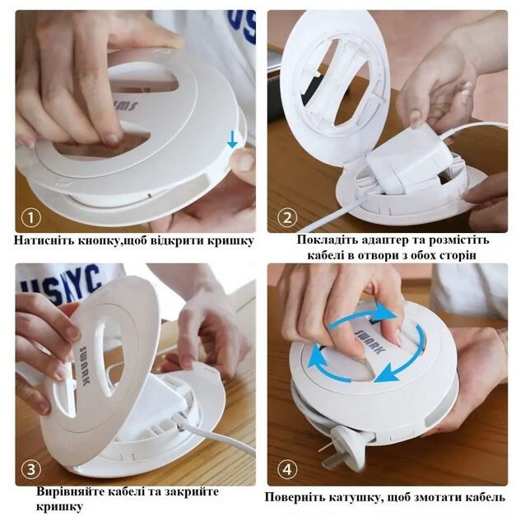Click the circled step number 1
30,218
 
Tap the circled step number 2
287,218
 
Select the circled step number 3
30,470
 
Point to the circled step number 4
287,470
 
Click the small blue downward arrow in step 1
232,140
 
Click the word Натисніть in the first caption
44,240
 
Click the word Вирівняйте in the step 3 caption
70,491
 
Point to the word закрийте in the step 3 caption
192,492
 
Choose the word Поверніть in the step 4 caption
294,497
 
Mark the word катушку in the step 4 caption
355,498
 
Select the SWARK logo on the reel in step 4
371,342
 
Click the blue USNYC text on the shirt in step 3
61,284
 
